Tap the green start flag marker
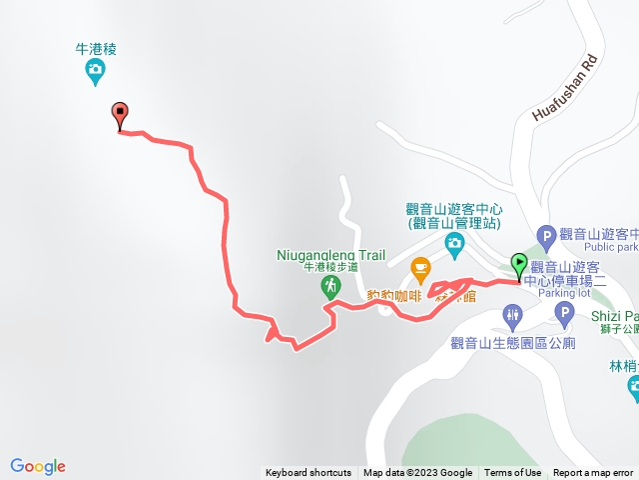pyautogui.click(x=519, y=265)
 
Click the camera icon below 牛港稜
pyautogui.click(x=95, y=69)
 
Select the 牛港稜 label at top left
pyautogui.click(x=96, y=48)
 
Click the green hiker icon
pyautogui.click(x=330, y=287)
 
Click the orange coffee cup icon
pyautogui.click(x=420, y=267)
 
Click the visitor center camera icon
pyautogui.click(x=454, y=243)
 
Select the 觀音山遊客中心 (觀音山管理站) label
pyautogui.click(x=454, y=217)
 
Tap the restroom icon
pyautogui.click(x=512, y=317)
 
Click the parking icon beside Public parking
pyautogui.click(x=546, y=237)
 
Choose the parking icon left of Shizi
pyautogui.click(x=564, y=317)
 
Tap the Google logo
pyautogui.click(x=38, y=466)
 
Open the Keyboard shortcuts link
pyautogui.click(x=309, y=473)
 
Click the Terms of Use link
pyautogui.click(x=513, y=473)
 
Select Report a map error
pyautogui.click(x=593, y=473)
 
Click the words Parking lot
pyautogui.click(x=564, y=294)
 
